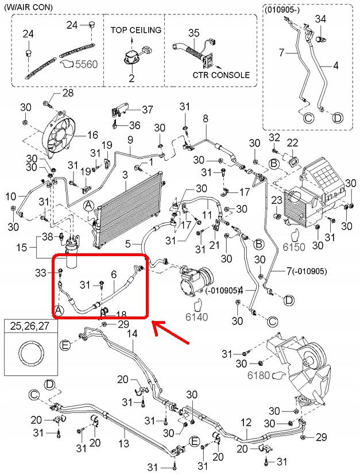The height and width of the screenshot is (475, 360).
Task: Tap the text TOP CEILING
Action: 136,30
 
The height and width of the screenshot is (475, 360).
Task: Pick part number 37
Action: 148,109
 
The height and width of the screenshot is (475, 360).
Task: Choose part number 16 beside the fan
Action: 93,136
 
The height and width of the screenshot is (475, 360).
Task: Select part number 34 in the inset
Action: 320,20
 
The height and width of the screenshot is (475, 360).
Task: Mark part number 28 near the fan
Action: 68,93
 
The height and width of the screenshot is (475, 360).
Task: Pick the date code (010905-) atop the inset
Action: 283,10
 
